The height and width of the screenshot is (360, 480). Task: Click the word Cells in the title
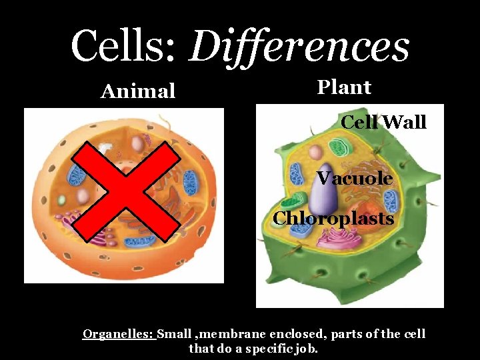[x=123, y=47]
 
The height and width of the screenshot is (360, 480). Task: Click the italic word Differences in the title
[x=299, y=48]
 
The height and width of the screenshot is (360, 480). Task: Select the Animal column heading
[x=138, y=91]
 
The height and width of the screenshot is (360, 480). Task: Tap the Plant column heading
[x=344, y=87]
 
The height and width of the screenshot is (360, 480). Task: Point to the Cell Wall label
[x=383, y=123]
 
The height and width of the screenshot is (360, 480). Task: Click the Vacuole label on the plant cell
[x=354, y=179]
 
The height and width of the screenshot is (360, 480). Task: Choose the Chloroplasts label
[x=333, y=219]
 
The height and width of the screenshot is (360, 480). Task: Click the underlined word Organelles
[x=119, y=333]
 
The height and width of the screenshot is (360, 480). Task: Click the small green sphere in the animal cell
[x=61, y=199]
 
